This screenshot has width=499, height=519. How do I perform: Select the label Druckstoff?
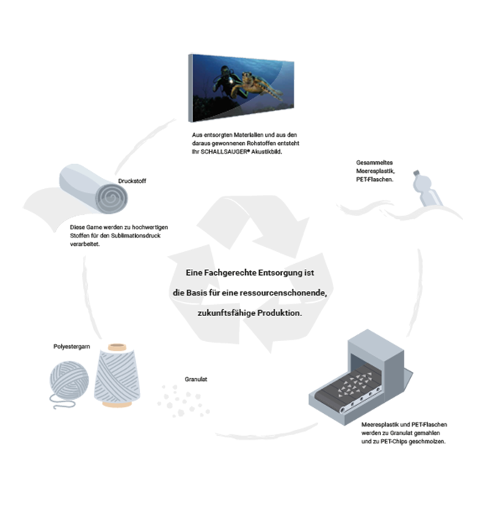point(130,179)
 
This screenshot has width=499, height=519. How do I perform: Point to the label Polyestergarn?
point(72,346)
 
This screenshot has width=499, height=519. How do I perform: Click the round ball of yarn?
point(70,382)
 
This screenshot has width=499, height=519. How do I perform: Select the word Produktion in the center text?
point(277,312)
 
